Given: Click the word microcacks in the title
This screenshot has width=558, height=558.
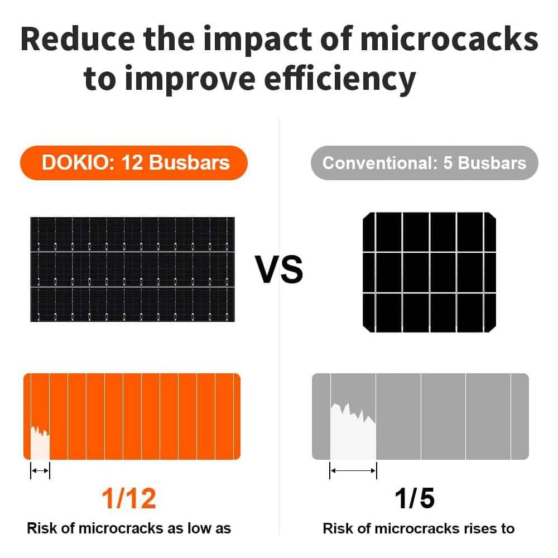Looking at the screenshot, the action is coord(449,39).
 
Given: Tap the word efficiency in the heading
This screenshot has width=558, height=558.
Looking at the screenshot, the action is coord(340,80).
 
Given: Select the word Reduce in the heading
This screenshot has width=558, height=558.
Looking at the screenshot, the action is coord(78,39).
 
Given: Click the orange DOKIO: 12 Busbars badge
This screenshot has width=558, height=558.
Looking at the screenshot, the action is coord(134,162).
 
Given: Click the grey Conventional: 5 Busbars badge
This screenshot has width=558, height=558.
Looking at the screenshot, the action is coord(424,162).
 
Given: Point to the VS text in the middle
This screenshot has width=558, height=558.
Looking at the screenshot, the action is coord(279,270).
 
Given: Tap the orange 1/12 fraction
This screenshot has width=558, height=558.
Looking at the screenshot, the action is coord(129,498).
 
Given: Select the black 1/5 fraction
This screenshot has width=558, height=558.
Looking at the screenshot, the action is coord(415,498).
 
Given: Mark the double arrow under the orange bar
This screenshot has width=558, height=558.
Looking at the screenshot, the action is coord(40,471).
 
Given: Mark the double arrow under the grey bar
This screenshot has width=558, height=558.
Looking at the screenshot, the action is coord(353,471).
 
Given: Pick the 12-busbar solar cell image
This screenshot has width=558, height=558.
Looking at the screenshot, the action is coord(132,270).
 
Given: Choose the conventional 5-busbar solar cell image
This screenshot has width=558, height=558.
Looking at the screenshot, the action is coord(429,272).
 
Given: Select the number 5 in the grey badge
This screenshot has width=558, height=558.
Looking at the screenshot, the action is coord(448,163).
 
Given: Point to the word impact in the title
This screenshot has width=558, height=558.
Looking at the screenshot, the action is coord(257,40).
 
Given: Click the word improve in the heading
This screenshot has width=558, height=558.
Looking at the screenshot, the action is coord(190,80).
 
